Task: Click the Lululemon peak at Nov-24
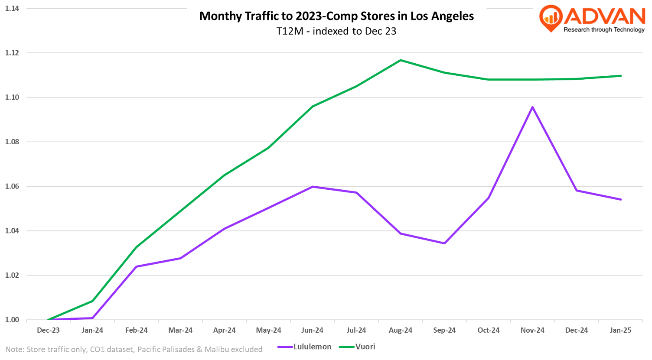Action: pyautogui.click(x=532, y=107)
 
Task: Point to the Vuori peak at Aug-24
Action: pyautogui.click(x=401, y=60)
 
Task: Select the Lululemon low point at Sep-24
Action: pyautogui.click(x=444, y=243)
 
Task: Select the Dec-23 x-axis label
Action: pyautogui.click(x=48, y=330)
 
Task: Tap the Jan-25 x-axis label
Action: pyautogui.click(x=620, y=330)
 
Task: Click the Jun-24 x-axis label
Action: pyautogui.click(x=313, y=330)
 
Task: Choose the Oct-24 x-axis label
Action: pyautogui.click(x=489, y=330)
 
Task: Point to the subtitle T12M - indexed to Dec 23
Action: pyautogui.click(x=336, y=31)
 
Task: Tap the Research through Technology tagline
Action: pyautogui.click(x=604, y=30)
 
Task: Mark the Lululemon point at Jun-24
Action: pyautogui.click(x=313, y=187)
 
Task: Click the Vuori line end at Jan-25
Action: pyautogui.click(x=621, y=76)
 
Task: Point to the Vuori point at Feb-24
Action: pyautogui.click(x=137, y=247)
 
